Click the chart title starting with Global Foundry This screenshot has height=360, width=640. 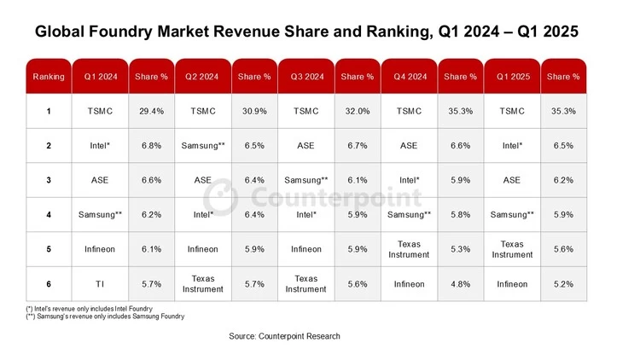pos(306,32)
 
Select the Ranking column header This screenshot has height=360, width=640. pos(49,77)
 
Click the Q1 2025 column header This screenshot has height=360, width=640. pos(512,77)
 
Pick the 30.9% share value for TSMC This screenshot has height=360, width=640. pos(254,111)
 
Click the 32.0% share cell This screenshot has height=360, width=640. pos(357,111)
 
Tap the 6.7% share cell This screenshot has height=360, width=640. pos(357,146)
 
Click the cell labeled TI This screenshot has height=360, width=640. pos(100,283)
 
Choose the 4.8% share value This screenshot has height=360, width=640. pos(460,283)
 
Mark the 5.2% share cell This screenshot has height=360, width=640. pos(563,283)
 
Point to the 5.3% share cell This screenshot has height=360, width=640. pos(460,249)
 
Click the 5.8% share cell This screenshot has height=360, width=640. pos(460,214)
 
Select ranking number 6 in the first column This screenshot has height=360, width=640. pos(49,283)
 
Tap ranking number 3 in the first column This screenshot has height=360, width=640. pos(49,180)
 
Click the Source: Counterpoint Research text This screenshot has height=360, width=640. pos(284,336)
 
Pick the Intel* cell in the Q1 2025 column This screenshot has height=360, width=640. pos(512,146)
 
